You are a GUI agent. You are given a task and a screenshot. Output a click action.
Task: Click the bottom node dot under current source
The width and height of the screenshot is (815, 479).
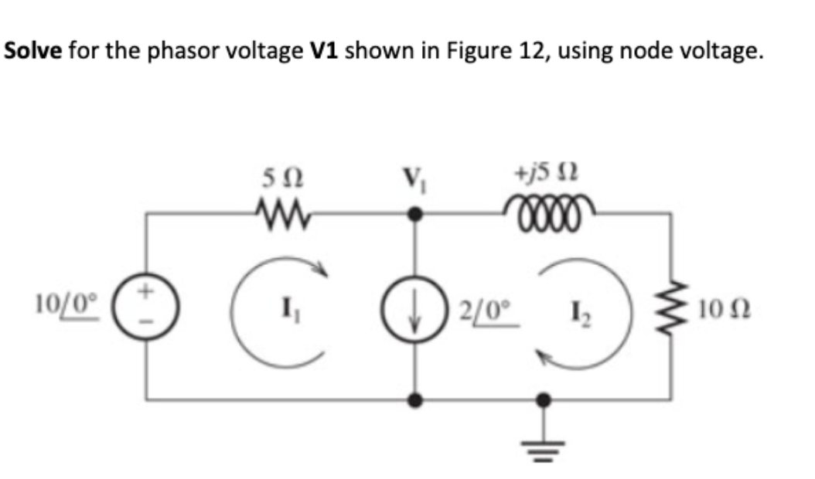click(416, 400)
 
